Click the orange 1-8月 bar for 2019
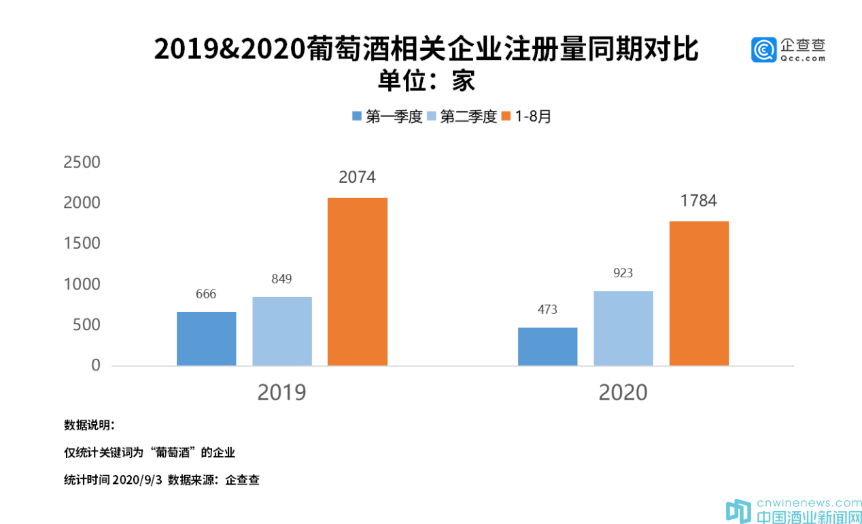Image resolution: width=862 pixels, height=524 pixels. point(358,281)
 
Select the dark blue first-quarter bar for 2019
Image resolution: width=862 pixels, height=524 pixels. point(207,338)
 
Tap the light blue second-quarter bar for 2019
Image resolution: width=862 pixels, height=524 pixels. point(282,331)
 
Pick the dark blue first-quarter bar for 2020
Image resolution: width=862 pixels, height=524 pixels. point(547,347)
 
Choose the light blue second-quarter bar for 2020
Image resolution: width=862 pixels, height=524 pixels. point(623,328)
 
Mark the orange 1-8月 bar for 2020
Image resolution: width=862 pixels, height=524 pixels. point(699,293)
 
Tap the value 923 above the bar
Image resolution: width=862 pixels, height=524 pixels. point(623,273)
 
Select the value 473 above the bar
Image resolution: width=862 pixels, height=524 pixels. point(547,310)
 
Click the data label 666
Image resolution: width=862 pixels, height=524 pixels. point(206,294)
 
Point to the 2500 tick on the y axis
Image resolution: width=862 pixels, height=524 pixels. point(82,162)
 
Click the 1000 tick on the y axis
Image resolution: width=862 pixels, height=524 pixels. point(82,284)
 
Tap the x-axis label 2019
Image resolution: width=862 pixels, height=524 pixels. point(281,393)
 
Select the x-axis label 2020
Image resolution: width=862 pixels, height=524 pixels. point(623,393)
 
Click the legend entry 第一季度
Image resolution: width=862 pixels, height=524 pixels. point(388,116)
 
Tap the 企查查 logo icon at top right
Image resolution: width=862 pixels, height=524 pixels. point(763,50)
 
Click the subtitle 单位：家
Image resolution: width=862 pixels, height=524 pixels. point(426,82)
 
